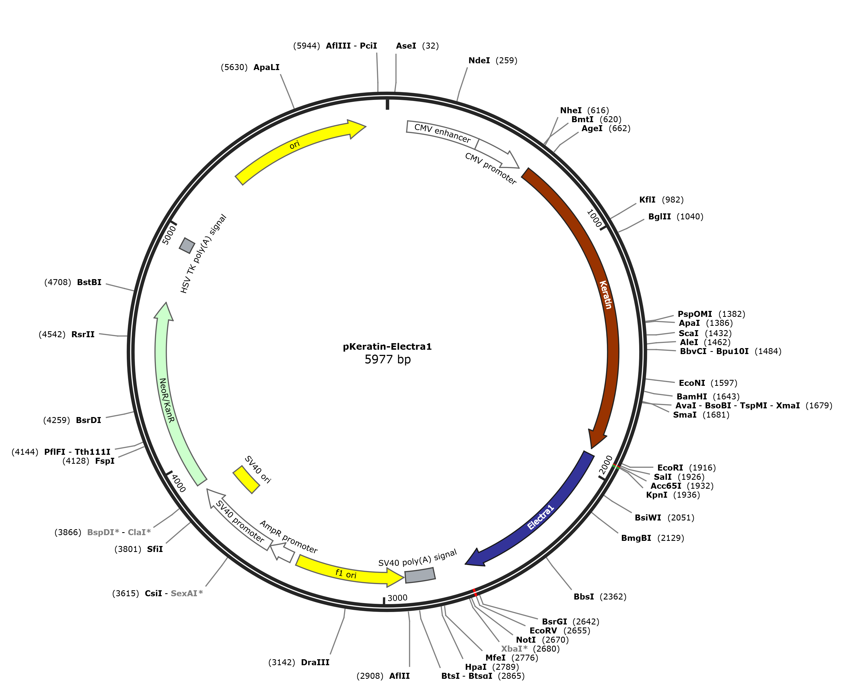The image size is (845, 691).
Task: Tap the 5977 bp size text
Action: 387,359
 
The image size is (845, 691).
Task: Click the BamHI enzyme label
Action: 692,396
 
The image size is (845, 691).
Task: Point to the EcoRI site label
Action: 670,468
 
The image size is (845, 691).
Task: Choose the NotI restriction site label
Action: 526,640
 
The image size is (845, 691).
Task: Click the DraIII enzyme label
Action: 315,662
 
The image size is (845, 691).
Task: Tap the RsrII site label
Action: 83,334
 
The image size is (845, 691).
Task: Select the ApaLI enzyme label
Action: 266,67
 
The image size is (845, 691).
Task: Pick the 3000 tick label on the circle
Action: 397,598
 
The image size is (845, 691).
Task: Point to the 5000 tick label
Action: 169,235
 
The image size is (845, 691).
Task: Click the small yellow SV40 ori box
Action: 246,480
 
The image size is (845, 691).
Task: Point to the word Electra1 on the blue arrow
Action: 541,517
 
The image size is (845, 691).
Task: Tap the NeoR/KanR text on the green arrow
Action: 166,400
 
